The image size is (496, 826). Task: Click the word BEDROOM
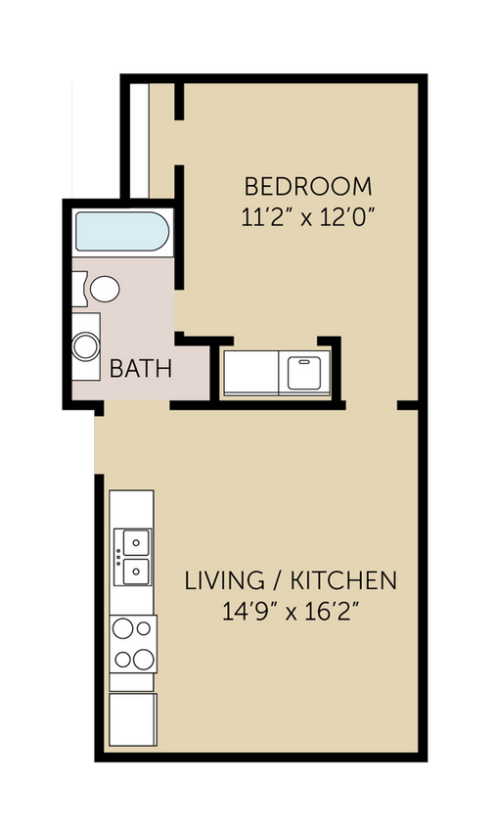(x=308, y=186)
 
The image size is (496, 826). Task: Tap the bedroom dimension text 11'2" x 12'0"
(x=308, y=217)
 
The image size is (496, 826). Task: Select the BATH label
(x=141, y=369)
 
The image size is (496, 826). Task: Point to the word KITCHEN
(x=349, y=580)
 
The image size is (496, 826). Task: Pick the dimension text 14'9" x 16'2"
(x=291, y=612)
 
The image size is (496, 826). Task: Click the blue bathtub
(x=121, y=233)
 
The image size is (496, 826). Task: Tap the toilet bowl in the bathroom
(x=104, y=289)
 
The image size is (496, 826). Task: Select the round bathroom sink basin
(x=86, y=346)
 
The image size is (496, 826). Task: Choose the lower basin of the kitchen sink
(x=133, y=570)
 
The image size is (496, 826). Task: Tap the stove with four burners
(x=132, y=644)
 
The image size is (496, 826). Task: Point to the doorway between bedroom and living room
(x=371, y=404)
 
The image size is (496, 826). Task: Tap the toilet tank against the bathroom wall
(x=77, y=289)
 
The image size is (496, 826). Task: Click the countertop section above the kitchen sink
(x=132, y=508)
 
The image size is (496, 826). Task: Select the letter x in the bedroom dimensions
(x=306, y=218)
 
